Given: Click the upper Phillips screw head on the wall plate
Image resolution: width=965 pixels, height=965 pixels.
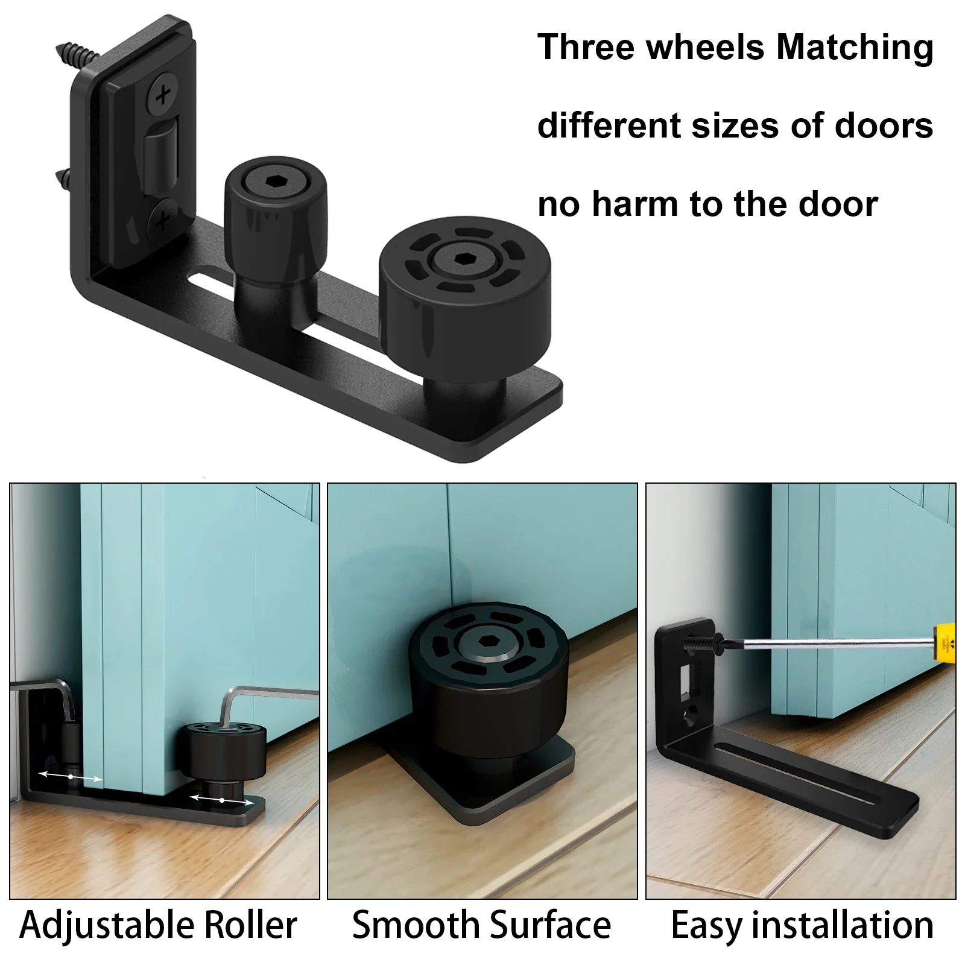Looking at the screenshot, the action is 162,95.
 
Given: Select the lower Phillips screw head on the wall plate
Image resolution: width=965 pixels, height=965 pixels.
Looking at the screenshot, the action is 162,220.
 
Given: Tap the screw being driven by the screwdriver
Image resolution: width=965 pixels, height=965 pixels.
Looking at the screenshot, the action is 703,643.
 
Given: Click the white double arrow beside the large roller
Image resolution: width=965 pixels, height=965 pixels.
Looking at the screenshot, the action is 222,800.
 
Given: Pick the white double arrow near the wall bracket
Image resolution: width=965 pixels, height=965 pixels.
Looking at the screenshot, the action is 71,777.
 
